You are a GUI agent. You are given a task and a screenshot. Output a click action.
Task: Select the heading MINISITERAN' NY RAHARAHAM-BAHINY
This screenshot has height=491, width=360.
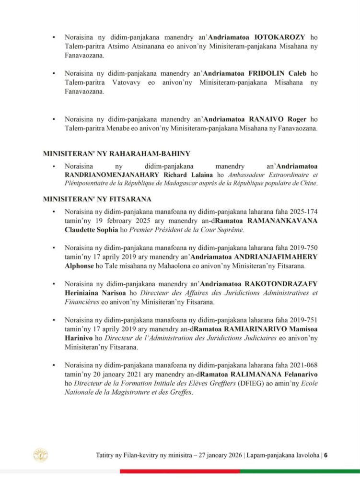[116, 153]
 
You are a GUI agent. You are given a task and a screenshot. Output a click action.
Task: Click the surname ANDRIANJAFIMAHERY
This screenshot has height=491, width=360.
[280, 257]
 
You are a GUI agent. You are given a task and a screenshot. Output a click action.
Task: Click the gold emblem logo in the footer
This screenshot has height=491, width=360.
[40, 455]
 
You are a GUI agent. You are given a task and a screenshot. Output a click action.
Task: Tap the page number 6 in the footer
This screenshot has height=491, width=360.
[325, 456]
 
